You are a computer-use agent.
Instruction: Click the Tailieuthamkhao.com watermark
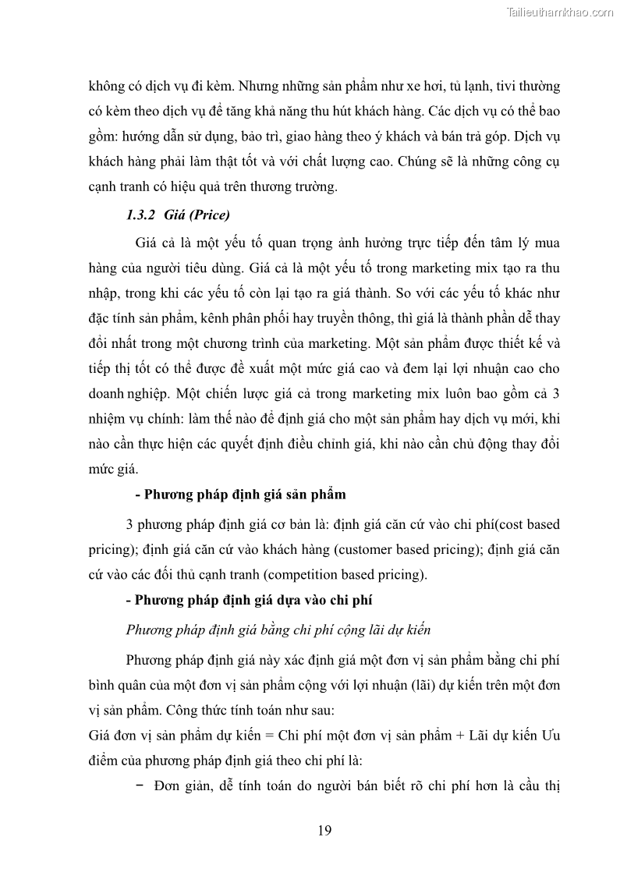[560, 12]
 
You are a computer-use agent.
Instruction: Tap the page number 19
[324, 830]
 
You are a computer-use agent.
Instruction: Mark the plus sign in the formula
[457, 736]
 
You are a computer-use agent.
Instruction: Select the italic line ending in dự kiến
[278, 630]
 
